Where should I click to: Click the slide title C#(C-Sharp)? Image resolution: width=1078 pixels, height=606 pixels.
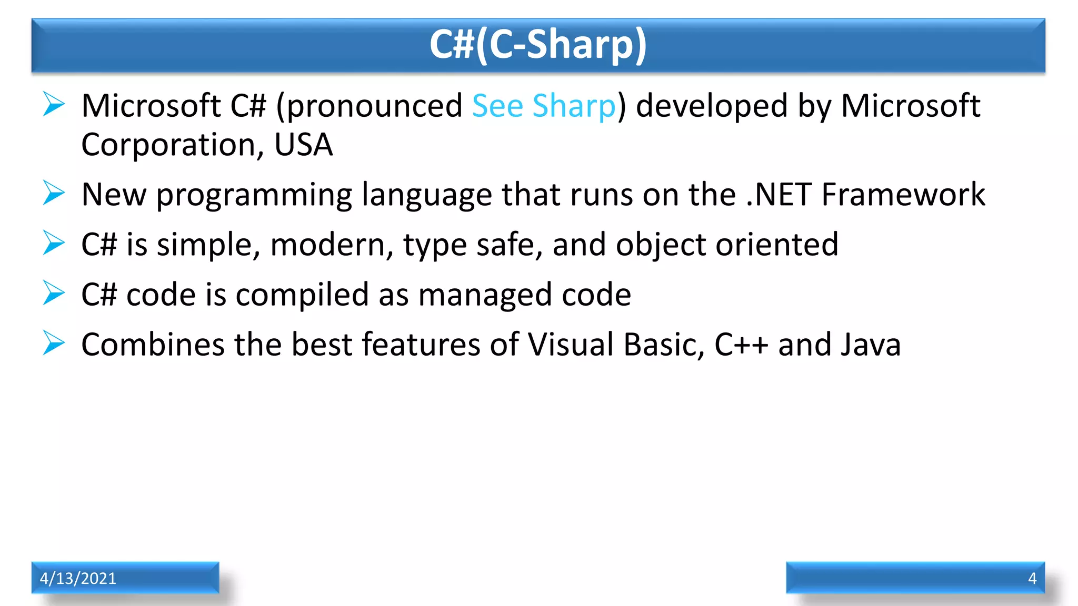tap(538, 45)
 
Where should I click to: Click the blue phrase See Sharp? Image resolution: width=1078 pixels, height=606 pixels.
tap(543, 106)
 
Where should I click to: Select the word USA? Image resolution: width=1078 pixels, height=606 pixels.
tap(304, 145)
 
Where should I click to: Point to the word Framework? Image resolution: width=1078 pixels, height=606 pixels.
tap(903, 195)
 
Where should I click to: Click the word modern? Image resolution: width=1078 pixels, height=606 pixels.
tap(331, 245)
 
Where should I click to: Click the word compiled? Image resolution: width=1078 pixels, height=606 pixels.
tap(302, 295)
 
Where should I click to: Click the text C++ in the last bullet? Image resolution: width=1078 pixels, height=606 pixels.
tap(741, 345)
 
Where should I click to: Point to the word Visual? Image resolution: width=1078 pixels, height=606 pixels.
tap(570, 345)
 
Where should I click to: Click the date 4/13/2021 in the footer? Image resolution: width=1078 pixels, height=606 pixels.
tap(78, 578)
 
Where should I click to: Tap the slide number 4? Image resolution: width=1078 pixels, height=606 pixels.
tap(1032, 578)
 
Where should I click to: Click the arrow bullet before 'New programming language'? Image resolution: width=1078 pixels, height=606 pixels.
tap(54, 193)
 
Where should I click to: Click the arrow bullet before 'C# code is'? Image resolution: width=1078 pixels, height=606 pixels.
tap(54, 293)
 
